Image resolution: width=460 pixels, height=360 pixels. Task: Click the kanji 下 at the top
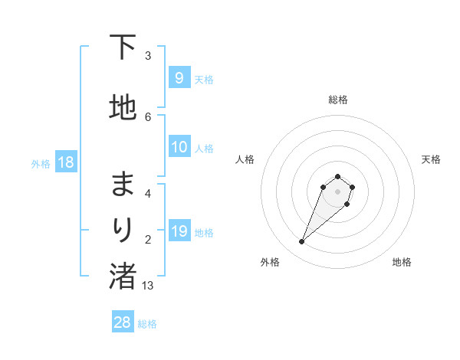click(x=123, y=47)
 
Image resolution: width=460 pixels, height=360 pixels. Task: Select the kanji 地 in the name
click(x=123, y=108)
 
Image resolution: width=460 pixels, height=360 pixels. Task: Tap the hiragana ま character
click(x=123, y=184)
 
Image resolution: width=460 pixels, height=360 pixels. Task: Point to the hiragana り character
click(x=123, y=228)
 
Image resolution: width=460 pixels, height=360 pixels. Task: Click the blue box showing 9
click(x=179, y=77)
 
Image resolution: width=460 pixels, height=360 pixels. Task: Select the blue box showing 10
click(x=179, y=147)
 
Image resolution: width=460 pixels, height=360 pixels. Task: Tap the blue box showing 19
click(x=179, y=231)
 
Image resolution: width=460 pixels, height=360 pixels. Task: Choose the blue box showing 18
click(x=65, y=162)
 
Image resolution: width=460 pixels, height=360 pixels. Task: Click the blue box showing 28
click(x=123, y=322)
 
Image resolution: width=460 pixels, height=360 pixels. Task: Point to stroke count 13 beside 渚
click(x=148, y=285)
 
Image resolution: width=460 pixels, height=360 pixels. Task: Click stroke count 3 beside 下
click(x=148, y=55)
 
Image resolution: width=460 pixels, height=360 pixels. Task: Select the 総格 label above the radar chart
click(x=338, y=100)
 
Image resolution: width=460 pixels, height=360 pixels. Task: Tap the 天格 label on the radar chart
click(x=431, y=159)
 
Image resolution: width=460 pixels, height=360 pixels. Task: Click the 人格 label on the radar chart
click(x=245, y=159)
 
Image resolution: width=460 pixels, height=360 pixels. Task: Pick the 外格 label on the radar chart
click(x=270, y=262)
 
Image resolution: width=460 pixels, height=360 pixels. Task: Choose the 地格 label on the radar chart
click(x=402, y=262)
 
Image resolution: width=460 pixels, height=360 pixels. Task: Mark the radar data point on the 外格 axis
click(x=302, y=242)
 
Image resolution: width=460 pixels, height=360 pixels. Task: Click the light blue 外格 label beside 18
click(x=41, y=163)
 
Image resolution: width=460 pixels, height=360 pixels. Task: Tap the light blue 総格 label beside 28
click(x=147, y=323)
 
